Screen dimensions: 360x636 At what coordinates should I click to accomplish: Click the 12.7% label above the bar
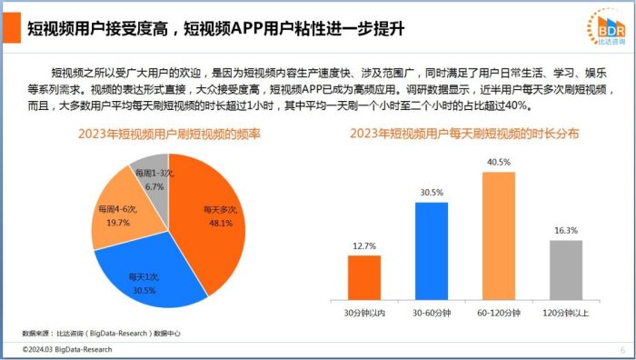[364, 245]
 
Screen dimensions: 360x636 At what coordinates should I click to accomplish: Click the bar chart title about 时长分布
[464, 134]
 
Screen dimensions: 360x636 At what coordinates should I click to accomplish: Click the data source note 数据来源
[101, 334]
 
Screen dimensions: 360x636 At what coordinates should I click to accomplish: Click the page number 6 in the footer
[622, 350]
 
